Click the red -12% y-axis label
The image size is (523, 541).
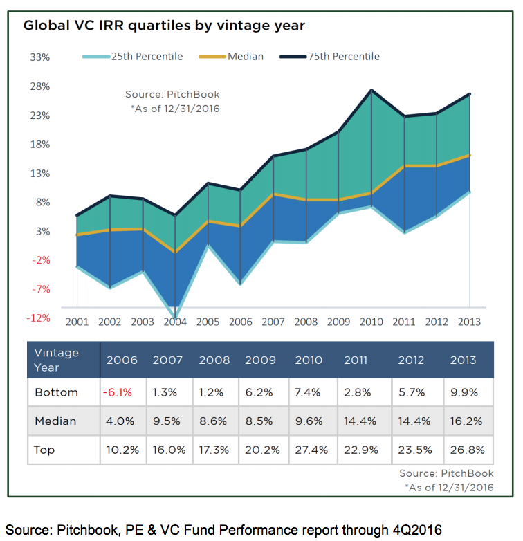pyautogui.click(x=39, y=318)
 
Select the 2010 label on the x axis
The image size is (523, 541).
pyautogui.click(x=371, y=322)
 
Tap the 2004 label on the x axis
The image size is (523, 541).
pyautogui.click(x=175, y=322)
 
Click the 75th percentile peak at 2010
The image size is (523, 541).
pyautogui.click(x=371, y=90)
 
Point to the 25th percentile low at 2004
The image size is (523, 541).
pyautogui.click(x=175, y=318)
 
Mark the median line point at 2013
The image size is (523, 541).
pyautogui.click(x=470, y=155)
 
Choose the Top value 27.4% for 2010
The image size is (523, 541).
pyautogui.click(x=309, y=450)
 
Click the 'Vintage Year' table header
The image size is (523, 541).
pyautogui.click(x=57, y=360)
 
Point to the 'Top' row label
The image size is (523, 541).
pyautogui.click(x=44, y=450)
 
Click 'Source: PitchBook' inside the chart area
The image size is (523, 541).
pyautogui.click(x=172, y=94)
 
